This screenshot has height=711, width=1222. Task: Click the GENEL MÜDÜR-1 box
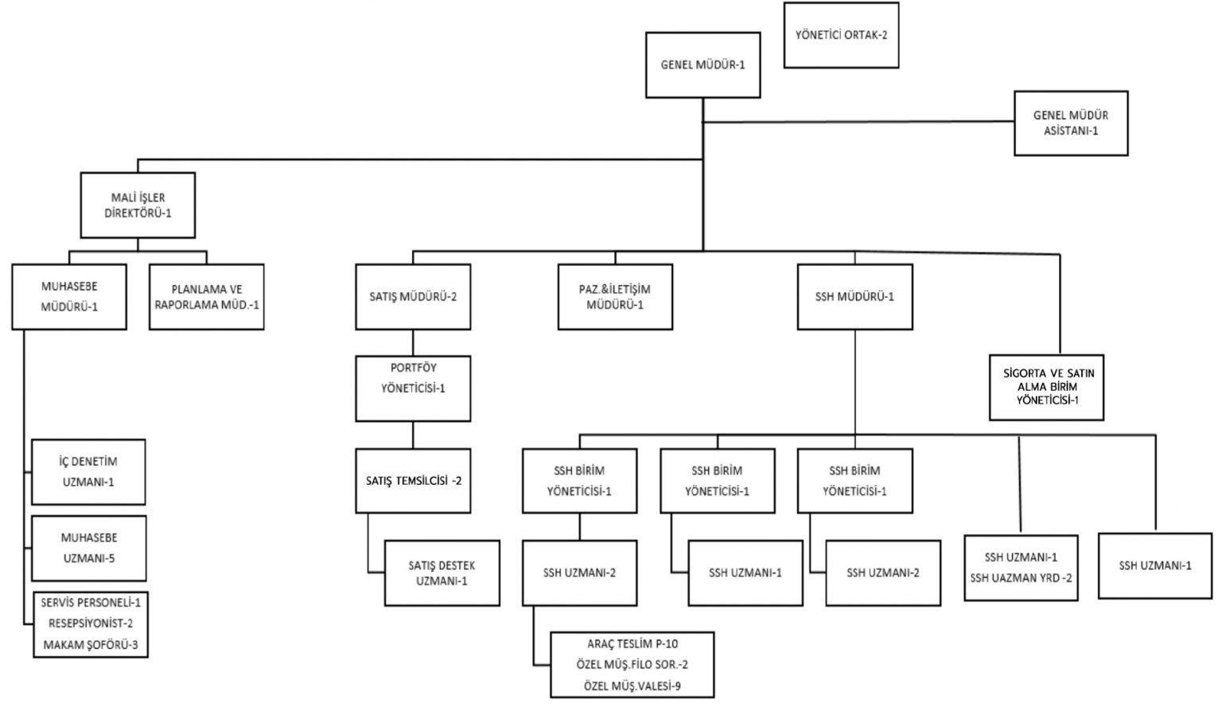click(x=702, y=65)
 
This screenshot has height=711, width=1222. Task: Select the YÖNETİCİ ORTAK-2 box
click(x=841, y=35)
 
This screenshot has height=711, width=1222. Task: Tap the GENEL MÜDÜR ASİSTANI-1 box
click(x=1071, y=123)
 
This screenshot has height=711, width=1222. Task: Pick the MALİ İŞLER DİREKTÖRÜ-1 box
click(x=138, y=205)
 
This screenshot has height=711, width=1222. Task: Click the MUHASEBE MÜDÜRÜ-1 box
click(x=69, y=296)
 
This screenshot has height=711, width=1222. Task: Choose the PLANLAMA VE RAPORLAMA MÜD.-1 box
click(x=207, y=297)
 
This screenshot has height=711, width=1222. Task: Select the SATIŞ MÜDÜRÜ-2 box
click(x=413, y=297)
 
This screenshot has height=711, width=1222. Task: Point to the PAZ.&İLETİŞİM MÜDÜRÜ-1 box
click(x=615, y=297)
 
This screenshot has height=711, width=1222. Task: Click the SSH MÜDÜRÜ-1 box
click(x=854, y=297)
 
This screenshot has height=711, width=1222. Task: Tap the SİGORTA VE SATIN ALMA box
click(x=1046, y=386)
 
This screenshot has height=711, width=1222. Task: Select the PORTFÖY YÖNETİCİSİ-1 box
click(x=413, y=389)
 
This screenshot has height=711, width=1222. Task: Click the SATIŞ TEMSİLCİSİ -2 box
click(x=413, y=481)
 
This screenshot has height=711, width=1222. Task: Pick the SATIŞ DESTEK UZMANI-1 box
click(x=442, y=573)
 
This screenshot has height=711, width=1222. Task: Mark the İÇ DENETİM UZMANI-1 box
click(x=88, y=471)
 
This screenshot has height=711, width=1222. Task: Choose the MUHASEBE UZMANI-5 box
click(x=88, y=548)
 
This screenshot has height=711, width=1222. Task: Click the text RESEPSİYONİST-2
click(x=91, y=624)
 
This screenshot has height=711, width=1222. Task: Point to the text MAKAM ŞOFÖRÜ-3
click(x=91, y=645)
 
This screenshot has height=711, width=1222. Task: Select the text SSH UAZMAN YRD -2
click(x=1021, y=578)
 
